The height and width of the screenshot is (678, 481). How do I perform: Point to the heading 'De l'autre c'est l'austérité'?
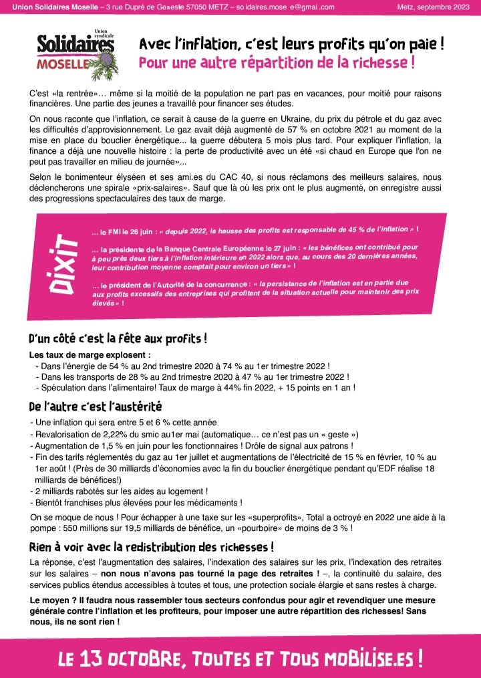(x=96, y=406)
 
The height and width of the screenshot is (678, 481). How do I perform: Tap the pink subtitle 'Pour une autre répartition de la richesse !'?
(x=277, y=64)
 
